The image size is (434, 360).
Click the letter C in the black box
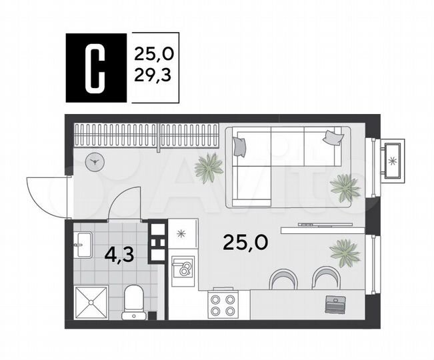[x=95, y=69]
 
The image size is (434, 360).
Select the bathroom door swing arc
[x=125, y=203]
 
